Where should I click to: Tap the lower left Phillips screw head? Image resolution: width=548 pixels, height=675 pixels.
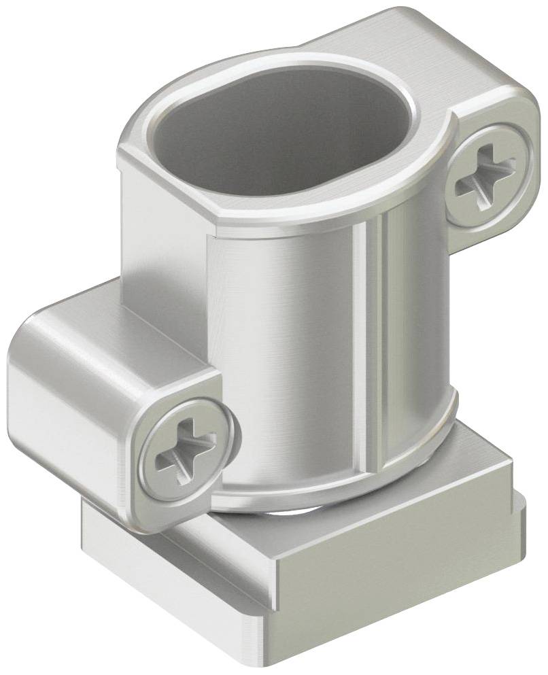[186, 451]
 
